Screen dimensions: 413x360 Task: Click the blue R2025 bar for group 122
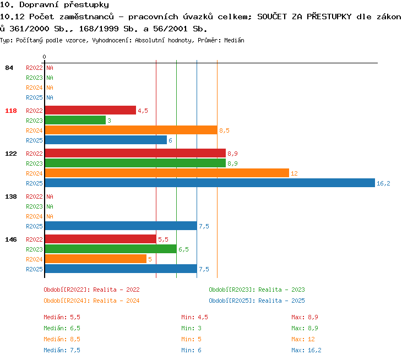point(210,183)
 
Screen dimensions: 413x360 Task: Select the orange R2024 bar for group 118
point(131,130)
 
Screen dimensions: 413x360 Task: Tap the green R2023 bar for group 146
point(111,249)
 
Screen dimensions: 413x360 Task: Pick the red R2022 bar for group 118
point(91,110)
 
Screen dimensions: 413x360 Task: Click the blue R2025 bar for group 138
point(121,226)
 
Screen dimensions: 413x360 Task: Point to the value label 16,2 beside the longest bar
point(383,183)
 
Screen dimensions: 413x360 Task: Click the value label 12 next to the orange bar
point(294,173)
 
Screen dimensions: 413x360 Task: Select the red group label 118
point(11,111)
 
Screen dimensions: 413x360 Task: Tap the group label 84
point(9,68)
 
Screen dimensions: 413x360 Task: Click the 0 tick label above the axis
point(44,57)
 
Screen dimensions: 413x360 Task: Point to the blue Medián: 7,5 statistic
point(62,350)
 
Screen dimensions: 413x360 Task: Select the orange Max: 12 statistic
point(303,339)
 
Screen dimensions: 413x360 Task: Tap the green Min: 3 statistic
point(191,328)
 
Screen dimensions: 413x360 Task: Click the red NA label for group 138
point(50,197)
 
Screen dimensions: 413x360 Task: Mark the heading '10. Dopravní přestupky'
point(55,4)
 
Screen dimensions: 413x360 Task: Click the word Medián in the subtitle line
point(234,40)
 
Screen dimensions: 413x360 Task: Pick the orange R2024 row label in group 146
point(34,259)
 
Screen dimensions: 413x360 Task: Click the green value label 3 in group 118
point(109,121)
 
